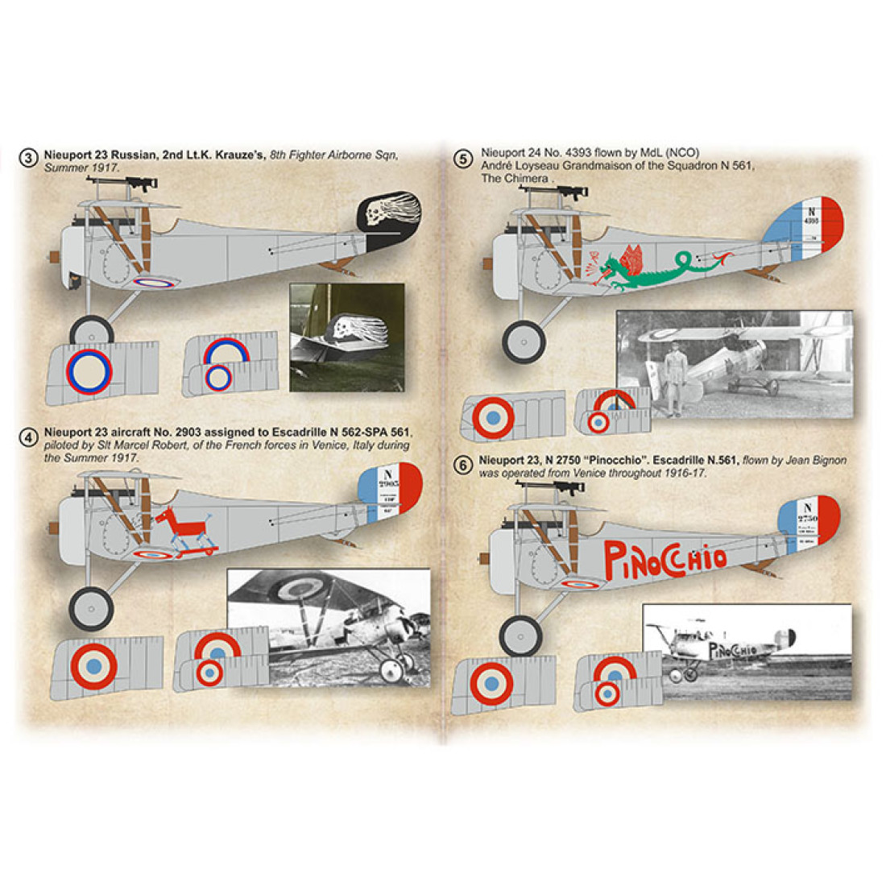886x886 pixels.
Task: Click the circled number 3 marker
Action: point(29,159)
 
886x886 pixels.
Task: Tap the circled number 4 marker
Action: point(29,437)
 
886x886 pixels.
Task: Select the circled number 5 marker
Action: point(462,159)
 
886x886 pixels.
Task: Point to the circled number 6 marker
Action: point(462,466)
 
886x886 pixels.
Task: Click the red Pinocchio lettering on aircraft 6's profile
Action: point(664,556)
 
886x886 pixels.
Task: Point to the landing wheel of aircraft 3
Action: point(91,331)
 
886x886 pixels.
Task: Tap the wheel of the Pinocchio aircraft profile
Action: point(521,636)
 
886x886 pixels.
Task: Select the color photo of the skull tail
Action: point(346,338)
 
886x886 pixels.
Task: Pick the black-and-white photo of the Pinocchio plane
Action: point(747,652)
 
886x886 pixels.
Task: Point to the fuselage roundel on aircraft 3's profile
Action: point(153,282)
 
